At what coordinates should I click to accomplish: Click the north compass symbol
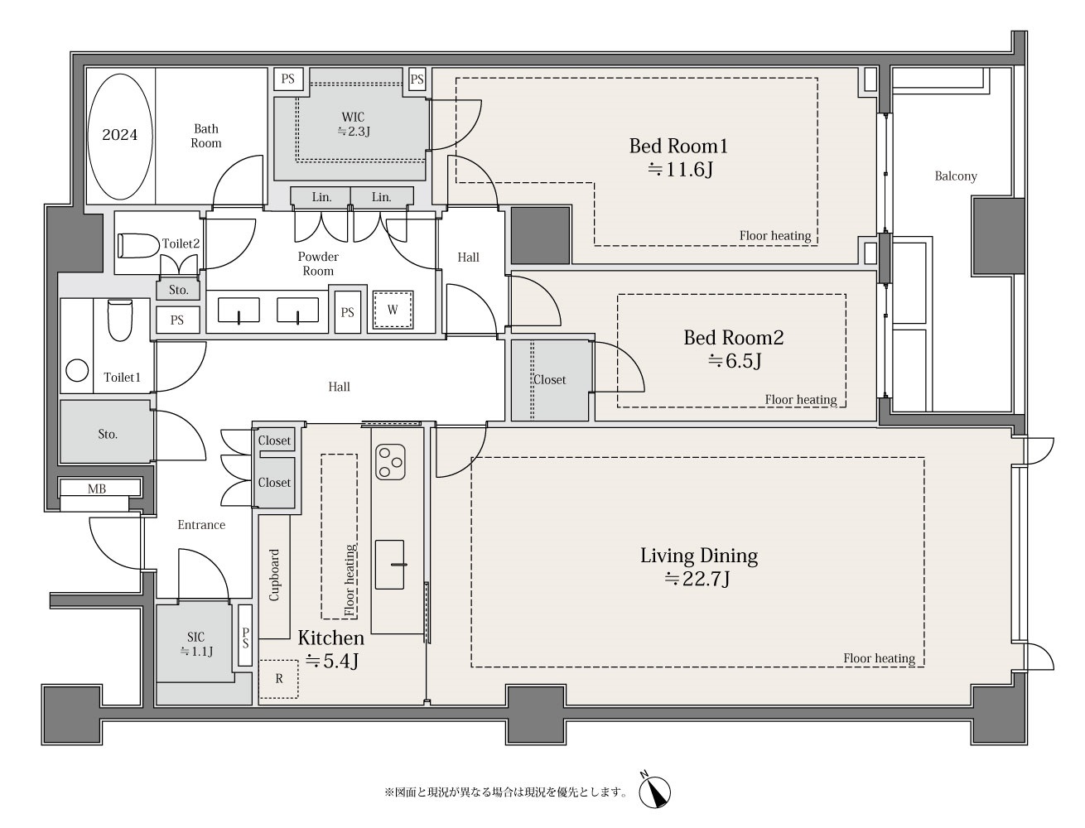[x=654, y=792]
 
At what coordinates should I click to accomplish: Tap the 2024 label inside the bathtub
[x=119, y=135]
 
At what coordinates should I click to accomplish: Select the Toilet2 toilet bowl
[x=138, y=246]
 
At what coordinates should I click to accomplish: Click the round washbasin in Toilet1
[x=77, y=370]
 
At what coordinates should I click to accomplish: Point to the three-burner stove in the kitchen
[x=390, y=462]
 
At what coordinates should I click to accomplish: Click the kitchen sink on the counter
[x=390, y=564]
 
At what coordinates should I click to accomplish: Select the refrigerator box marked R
[x=279, y=679]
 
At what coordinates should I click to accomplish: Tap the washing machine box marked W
[x=393, y=310]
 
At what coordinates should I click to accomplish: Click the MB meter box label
[x=97, y=489]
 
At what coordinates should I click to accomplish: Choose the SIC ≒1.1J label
[x=196, y=643]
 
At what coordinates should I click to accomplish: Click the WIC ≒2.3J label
[x=354, y=124]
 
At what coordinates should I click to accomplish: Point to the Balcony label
[x=956, y=176]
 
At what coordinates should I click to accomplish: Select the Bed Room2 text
[x=734, y=338]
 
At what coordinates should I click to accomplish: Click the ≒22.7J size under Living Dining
[x=697, y=578]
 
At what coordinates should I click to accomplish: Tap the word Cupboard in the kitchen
[x=274, y=575]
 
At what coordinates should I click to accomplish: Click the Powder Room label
[x=318, y=264]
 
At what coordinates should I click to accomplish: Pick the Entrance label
[x=201, y=525]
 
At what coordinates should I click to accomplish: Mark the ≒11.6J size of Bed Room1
[x=680, y=170]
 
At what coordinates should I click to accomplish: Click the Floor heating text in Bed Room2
[x=801, y=399]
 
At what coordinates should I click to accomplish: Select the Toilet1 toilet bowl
[x=120, y=321]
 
